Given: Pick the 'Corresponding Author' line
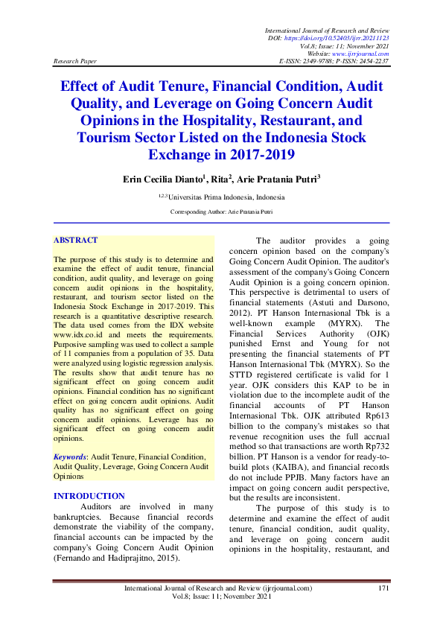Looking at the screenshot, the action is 221,212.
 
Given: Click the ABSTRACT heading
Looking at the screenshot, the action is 76,241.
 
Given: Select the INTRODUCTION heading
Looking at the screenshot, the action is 89,496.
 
